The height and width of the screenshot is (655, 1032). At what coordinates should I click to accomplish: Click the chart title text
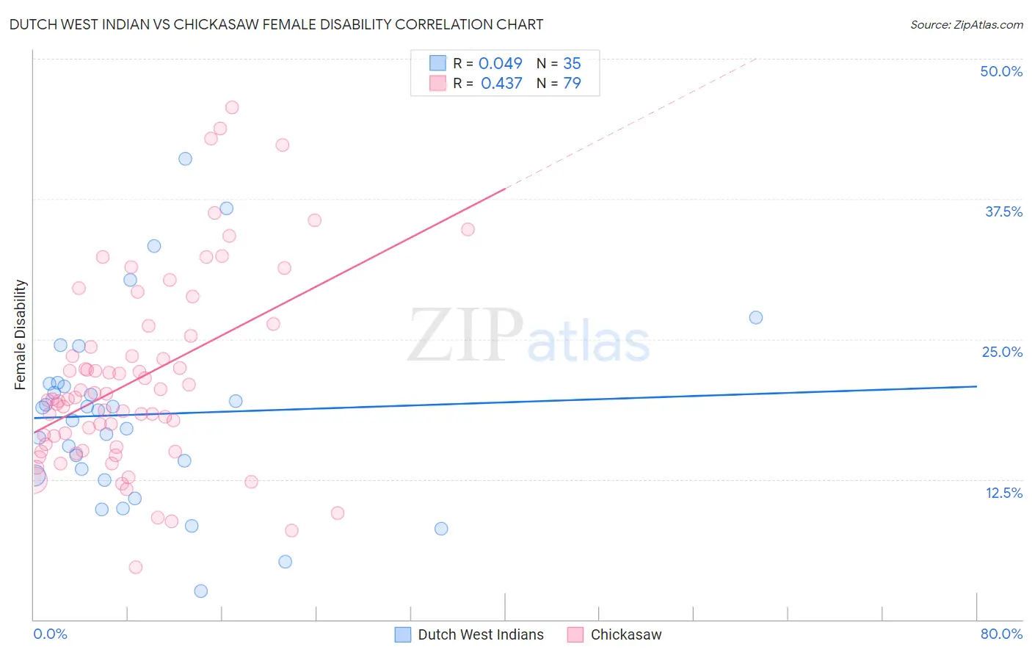click(x=276, y=24)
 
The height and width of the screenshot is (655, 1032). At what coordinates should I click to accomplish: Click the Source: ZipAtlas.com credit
click(x=966, y=24)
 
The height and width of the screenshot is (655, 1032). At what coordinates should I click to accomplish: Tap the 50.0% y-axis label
click(x=1000, y=71)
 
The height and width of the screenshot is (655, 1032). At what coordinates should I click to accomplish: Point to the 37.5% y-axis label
click(x=1003, y=211)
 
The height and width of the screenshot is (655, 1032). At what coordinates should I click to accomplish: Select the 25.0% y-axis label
click(x=1001, y=352)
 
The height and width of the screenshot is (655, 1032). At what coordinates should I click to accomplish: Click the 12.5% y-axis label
click(x=1003, y=493)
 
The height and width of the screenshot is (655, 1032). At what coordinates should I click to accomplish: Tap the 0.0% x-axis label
click(x=50, y=634)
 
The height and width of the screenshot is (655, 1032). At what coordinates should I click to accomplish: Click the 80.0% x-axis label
click(x=1001, y=634)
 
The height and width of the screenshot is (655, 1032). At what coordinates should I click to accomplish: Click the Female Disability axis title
click(x=21, y=334)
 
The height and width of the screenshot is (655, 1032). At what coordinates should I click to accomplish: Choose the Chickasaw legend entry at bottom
click(x=625, y=634)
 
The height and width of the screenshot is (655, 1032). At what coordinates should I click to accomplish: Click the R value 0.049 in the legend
click(x=500, y=63)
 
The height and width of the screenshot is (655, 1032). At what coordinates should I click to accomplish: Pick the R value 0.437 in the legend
click(x=501, y=83)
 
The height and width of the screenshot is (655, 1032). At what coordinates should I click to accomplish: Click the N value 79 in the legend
click(x=572, y=83)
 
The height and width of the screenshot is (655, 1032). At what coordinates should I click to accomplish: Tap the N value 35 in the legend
click(x=572, y=63)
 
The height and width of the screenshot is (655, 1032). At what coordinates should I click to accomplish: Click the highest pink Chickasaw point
click(x=232, y=107)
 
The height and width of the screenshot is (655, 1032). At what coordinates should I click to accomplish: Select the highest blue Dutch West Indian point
click(x=186, y=159)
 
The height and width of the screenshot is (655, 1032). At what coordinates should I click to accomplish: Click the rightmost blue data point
click(x=756, y=317)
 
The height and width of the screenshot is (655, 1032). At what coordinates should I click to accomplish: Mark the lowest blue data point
click(x=201, y=591)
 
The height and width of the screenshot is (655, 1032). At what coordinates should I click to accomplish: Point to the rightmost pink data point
click(x=468, y=229)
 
